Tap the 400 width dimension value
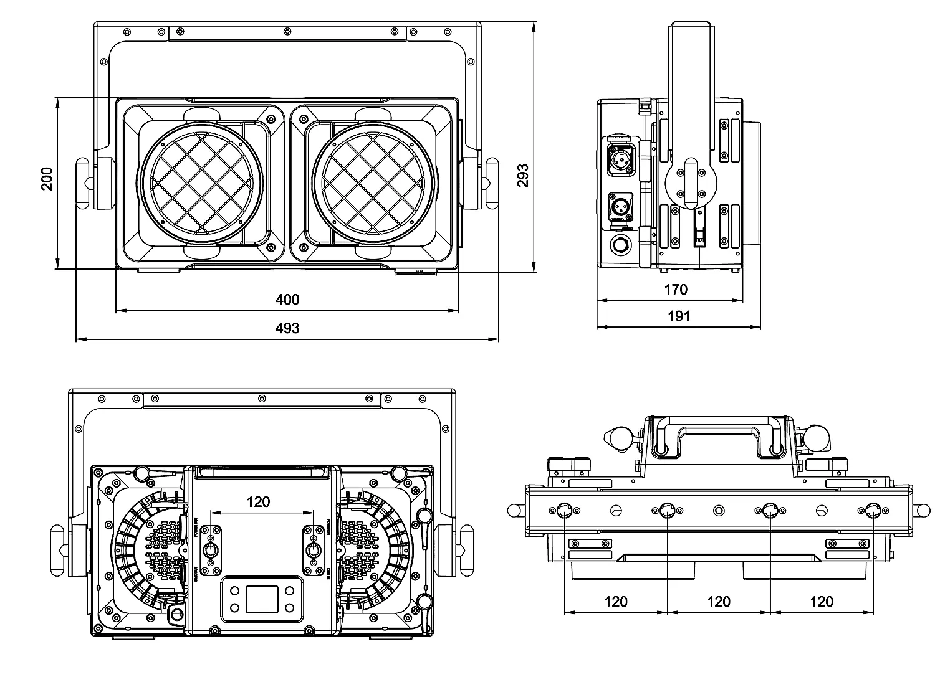287,300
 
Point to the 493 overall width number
287,328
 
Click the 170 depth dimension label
676,289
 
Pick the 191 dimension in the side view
679,316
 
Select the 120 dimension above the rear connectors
258,501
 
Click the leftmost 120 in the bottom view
616,602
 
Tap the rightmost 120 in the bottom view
822,602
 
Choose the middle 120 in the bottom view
719,602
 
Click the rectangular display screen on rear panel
261,599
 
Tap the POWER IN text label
328,528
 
